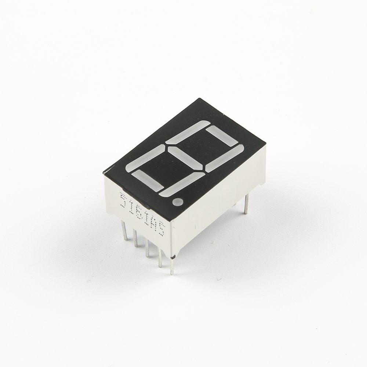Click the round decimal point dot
click(x=178, y=202)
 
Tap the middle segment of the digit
click(x=185, y=158)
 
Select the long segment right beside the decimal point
click(x=182, y=184)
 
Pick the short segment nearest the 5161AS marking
click(x=148, y=179)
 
